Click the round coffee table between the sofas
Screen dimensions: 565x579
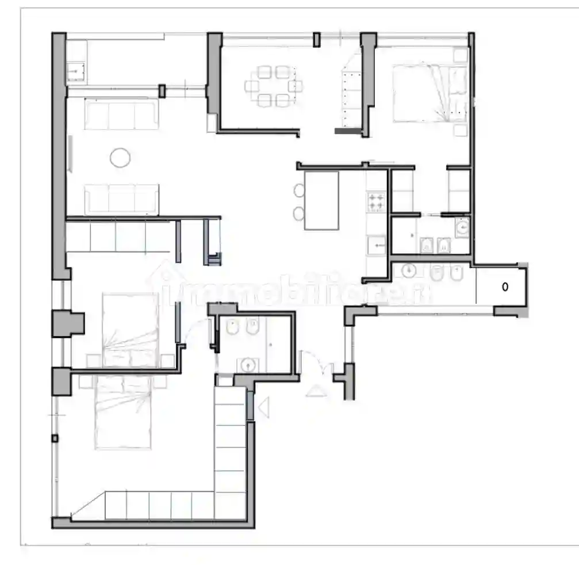(120, 157)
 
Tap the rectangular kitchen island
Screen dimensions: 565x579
(321, 201)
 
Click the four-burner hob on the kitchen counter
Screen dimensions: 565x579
(377, 201)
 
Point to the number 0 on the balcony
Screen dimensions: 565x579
(505, 287)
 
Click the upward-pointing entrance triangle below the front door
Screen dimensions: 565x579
(316, 391)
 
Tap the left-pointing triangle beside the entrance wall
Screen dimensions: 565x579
(264, 408)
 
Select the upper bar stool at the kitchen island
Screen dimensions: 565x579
(298, 190)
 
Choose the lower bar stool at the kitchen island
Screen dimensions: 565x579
(298, 213)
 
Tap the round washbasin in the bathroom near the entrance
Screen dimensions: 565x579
(247, 364)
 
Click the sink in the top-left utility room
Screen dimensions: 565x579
(76, 72)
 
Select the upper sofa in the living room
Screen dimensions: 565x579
(121, 114)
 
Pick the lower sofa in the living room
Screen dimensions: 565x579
(121, 199)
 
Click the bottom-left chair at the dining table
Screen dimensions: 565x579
(264, 101)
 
